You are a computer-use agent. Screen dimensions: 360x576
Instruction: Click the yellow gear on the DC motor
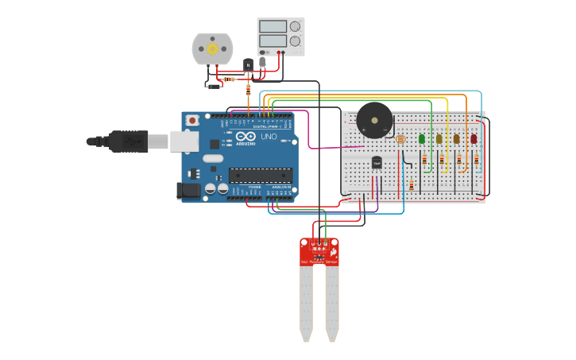[212, 48]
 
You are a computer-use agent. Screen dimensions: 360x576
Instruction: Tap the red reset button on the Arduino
[191, 120]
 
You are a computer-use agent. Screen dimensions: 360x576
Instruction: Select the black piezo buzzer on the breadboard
[374, 120]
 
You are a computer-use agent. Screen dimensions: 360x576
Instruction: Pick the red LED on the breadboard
[474, 138]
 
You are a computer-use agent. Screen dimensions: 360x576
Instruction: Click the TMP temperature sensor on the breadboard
[377, 162]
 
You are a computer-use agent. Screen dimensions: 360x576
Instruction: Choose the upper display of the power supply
[273, 26]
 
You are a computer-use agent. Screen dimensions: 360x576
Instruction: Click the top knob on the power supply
[295, 26]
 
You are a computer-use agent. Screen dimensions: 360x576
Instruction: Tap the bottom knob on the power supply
[295, 41]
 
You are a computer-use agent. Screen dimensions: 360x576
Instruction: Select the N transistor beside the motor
[248, 63]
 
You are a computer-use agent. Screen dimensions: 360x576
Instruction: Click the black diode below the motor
[213, 86]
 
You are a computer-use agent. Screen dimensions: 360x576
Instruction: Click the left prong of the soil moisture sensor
[307, 302]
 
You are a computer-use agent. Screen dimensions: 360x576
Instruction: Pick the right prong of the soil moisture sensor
[332, 302]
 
